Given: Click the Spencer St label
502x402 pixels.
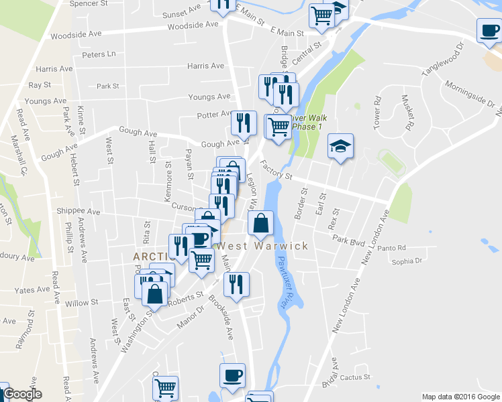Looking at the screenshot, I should pos(93,3).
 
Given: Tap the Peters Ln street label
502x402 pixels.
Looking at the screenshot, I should pos(98,54).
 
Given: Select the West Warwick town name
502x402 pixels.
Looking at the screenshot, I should pos(261,246).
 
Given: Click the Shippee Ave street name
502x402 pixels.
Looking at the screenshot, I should pos(78,212).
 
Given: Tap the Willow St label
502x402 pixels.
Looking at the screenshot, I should pos(82,303).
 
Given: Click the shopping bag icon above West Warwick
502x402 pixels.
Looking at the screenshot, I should pos(260,222).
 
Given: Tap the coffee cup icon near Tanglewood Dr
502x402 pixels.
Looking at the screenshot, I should pos(489,29).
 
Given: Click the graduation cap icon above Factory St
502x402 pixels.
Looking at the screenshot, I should pos(340,145).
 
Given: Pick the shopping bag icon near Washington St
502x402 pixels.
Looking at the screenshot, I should pos(155,293).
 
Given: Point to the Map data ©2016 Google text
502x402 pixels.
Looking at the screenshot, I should pos(460,397).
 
